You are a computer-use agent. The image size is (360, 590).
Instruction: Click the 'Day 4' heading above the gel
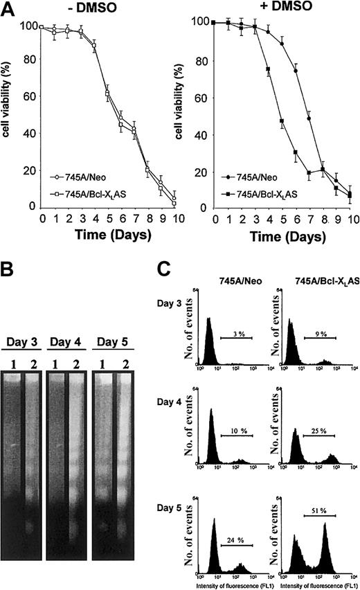click(x=71, y=343)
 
